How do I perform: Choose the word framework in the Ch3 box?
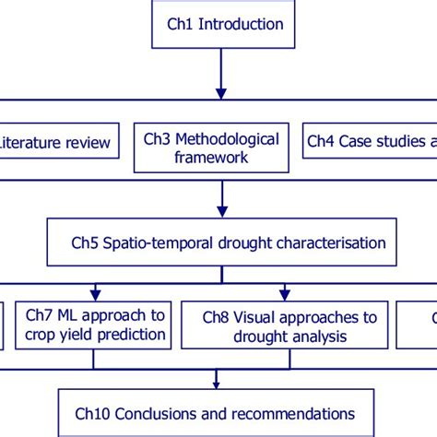click(211, 158)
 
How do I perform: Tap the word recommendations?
click(289, 414)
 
